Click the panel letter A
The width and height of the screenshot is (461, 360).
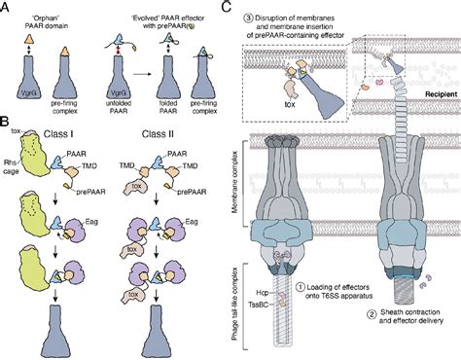pos(7,7)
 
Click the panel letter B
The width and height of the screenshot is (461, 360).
pos(7,123)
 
